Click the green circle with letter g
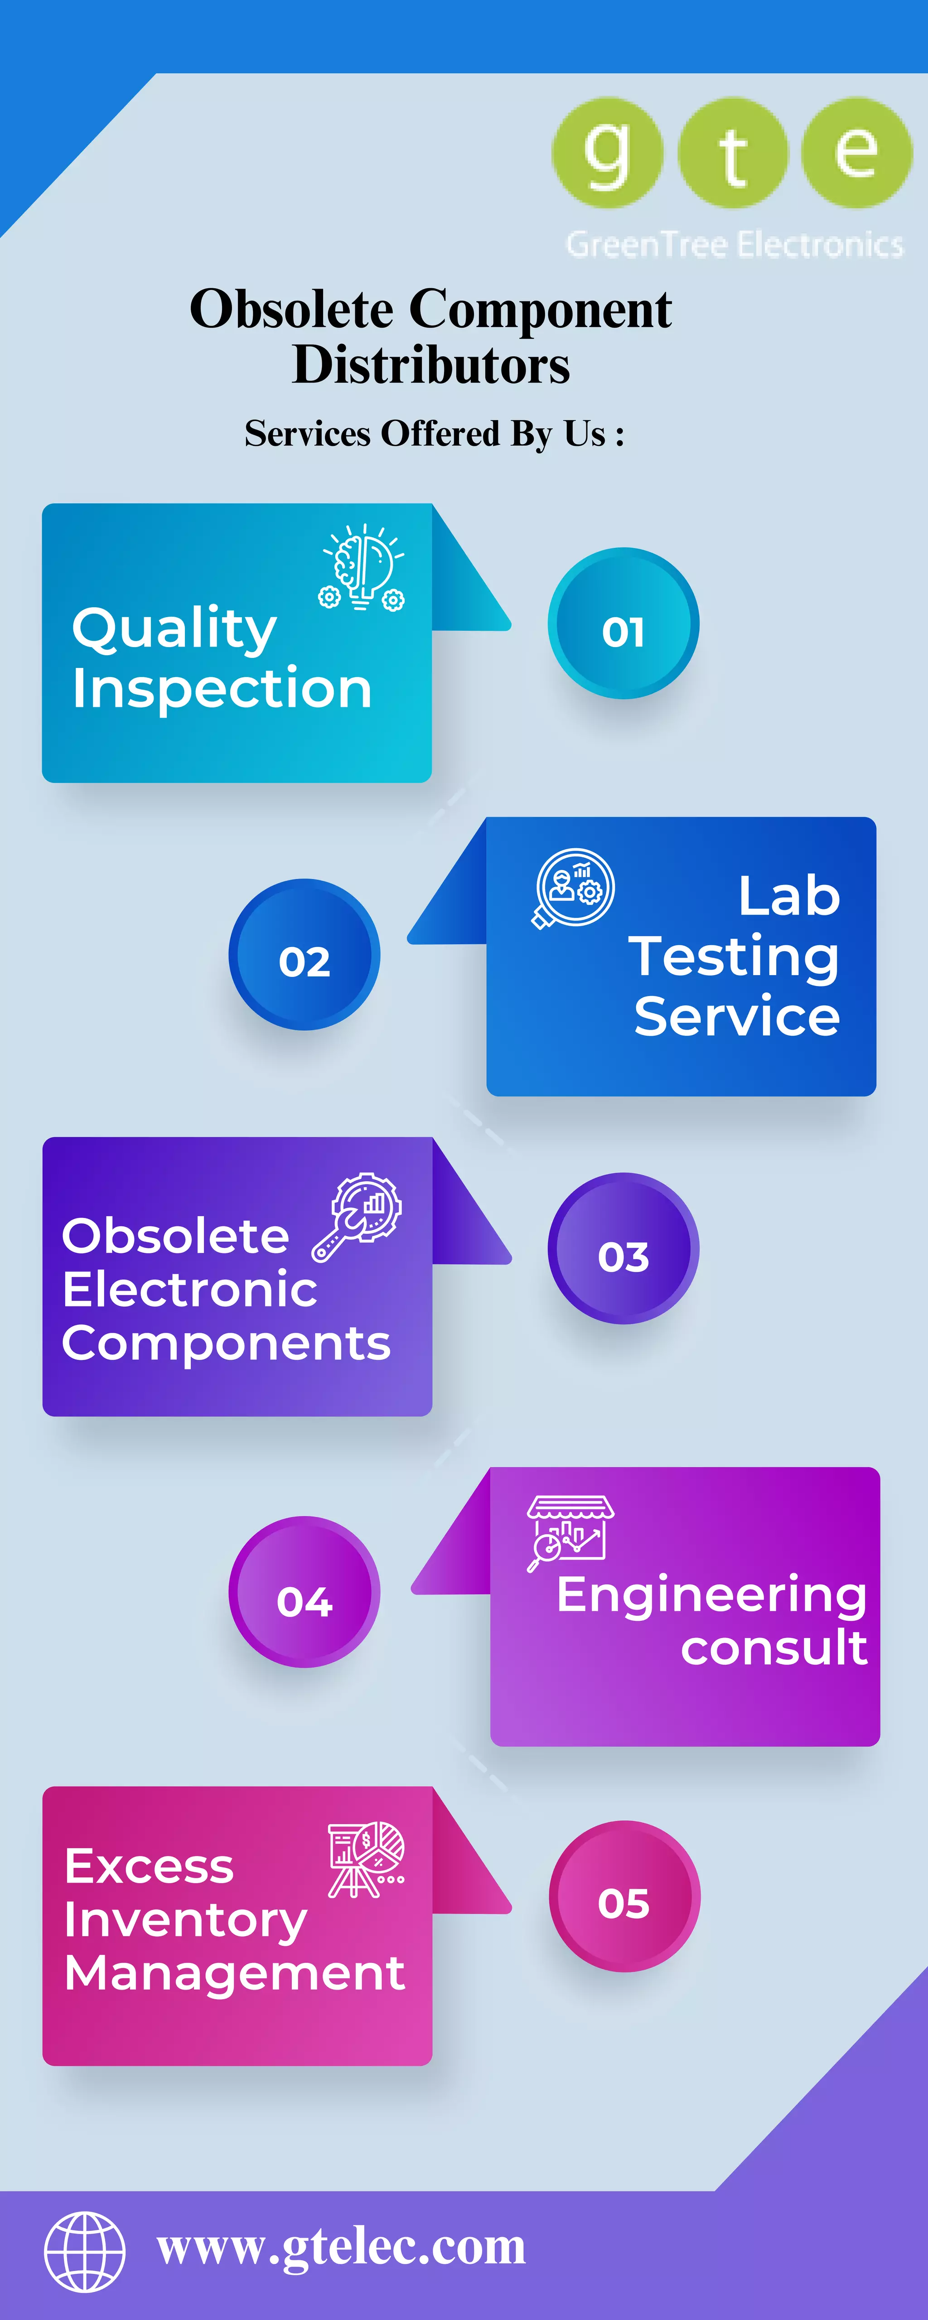point(607,153)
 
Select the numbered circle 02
point(304,955)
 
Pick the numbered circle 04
point(304,1592)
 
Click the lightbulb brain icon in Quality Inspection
point(362,567)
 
